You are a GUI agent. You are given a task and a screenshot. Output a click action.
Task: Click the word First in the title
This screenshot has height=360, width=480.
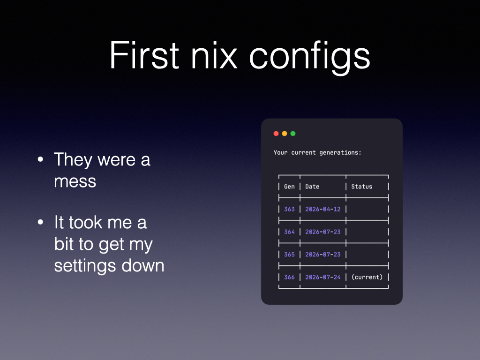[x=144, y=55]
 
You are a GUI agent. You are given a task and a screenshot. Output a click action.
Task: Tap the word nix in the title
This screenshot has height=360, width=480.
[x=214, y=55]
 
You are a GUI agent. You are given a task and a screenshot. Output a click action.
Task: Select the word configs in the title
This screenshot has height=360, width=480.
[x=310, y=58]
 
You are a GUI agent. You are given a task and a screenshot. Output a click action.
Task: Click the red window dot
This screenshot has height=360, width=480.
[x=276, y=134]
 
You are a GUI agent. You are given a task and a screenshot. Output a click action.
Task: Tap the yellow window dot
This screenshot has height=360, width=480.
[x=285, y=134]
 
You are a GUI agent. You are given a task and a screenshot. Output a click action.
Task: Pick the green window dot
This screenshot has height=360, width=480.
[x=293, y=134]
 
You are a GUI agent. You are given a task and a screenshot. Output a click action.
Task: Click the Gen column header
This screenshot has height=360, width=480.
[x=289, y=187]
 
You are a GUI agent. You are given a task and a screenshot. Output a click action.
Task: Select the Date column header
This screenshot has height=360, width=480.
[x=312, y=187]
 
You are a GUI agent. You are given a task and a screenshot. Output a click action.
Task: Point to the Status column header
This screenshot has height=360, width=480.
[x=361, y=187]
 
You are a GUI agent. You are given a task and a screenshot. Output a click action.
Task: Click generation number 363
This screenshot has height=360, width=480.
[x=289, y=209]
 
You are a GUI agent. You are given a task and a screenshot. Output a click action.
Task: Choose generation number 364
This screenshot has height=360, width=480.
[x=289, y=232]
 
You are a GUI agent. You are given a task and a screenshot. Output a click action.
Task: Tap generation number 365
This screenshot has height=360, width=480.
[x=289, y=255]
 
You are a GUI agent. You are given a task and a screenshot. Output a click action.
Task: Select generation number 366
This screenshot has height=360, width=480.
[x=289, y=277]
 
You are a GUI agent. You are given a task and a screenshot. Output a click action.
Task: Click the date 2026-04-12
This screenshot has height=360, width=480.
[x=323, y=209]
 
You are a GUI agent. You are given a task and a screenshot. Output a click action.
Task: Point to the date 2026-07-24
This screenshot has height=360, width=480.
[x=323, y=277]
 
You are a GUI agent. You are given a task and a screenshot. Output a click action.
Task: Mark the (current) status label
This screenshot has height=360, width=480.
[x=367, y=277]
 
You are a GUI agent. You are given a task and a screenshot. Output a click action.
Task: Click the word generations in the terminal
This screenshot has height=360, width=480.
[x=340, y=153]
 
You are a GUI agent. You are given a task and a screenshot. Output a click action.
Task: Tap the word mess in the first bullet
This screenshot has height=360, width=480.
[x=75, y=182]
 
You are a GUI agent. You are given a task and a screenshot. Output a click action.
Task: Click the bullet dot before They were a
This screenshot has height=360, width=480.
[x=40, y=159]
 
